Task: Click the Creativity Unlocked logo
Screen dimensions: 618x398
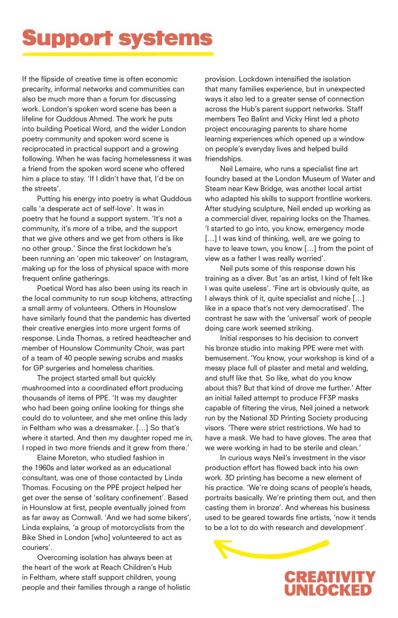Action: click(x=329, y=583)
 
